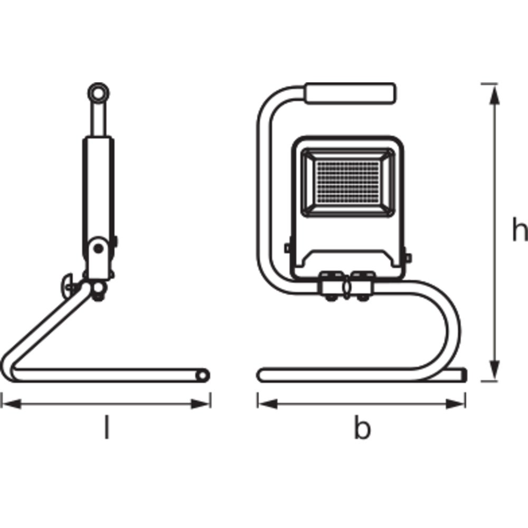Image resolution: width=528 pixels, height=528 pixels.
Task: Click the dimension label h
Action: (520, 229)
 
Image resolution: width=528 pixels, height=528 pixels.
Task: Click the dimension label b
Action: (362, 428)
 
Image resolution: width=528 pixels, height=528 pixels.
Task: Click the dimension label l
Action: (107, 427)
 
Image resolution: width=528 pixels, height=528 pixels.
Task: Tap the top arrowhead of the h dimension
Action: (494, 95)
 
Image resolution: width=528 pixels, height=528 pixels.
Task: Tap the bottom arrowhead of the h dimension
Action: (494, 369)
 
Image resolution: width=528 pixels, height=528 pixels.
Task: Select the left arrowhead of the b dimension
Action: (268, 404)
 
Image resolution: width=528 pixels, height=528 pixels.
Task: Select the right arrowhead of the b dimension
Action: (455, 404)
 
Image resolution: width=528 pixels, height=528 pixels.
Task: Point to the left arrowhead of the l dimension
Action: (12, 404)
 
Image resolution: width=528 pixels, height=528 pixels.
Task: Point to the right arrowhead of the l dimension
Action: (201, 404)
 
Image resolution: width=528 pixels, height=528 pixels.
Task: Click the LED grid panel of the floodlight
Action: (347, 182)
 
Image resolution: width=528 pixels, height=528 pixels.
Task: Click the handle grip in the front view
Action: (351, 93)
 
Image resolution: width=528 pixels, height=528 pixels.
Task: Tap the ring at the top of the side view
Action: (98, 92)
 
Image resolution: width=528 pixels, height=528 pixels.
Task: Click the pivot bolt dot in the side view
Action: (98, 249)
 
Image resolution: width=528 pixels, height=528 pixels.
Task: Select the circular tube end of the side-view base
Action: (203, 375)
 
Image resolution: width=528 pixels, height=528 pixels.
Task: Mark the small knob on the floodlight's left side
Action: (287, 249)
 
